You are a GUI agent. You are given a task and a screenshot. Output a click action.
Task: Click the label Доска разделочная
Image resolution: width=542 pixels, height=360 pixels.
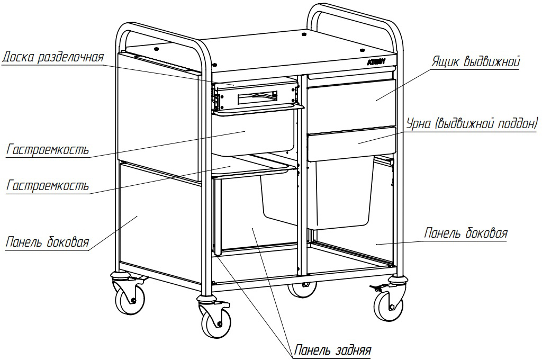click(53, 57)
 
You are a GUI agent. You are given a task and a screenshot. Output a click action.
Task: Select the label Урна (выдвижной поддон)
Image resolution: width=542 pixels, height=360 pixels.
click(472, 124)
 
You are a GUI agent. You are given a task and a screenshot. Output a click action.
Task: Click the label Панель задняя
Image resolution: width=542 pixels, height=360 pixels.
click(332, 350)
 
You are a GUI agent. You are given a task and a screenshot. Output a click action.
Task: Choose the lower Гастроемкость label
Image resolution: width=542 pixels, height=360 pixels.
click(47, 186)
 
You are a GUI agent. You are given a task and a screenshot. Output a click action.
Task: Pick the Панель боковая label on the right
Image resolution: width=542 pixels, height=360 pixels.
click(466, 233)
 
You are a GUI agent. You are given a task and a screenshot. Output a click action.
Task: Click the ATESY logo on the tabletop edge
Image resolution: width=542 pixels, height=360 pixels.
click(376, 62)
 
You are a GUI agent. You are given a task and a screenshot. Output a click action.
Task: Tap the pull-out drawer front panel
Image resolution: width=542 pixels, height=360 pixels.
click(351, 98)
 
